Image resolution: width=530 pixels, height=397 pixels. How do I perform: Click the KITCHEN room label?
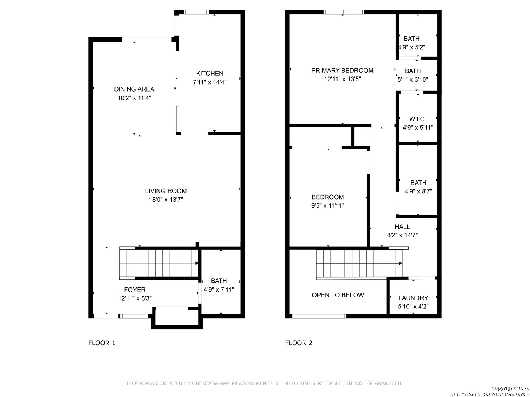tap(209, 73)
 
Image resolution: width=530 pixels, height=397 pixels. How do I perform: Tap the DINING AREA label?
tap(134, 89)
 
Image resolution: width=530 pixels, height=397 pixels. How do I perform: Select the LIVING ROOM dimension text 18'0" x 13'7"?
tap(166, 200)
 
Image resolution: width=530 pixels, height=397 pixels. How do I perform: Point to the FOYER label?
tap(135, 290)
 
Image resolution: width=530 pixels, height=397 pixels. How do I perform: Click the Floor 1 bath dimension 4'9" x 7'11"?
tap(219, 290)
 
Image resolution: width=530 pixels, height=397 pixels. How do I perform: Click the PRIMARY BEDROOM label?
tap(342, 70)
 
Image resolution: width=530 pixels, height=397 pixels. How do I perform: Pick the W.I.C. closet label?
tap(417, 119)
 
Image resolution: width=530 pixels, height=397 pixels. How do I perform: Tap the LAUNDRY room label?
tap(413, 298)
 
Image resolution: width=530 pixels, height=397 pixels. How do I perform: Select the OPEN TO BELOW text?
tap(338, 295)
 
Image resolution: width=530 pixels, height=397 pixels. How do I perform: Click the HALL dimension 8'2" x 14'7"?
tap(402, 235)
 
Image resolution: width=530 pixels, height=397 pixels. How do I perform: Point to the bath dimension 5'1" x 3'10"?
tap(413, 79)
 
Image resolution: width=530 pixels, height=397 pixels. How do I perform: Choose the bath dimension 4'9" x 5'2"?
tap(411, 47)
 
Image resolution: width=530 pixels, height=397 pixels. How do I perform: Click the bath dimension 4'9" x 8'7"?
tap(418, 191)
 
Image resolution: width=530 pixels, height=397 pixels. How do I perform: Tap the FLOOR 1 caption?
tap(102, 343)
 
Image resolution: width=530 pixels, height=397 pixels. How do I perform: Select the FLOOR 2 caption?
tap(299, 343)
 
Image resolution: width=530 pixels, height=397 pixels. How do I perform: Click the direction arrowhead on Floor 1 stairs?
tap(197, 263)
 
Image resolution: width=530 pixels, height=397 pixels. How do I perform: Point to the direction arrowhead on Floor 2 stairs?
tap(400, 264)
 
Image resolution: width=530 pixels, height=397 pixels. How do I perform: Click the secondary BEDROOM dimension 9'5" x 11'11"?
tap(328, 205)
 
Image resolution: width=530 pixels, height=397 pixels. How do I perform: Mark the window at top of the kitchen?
tap(196, 12)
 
